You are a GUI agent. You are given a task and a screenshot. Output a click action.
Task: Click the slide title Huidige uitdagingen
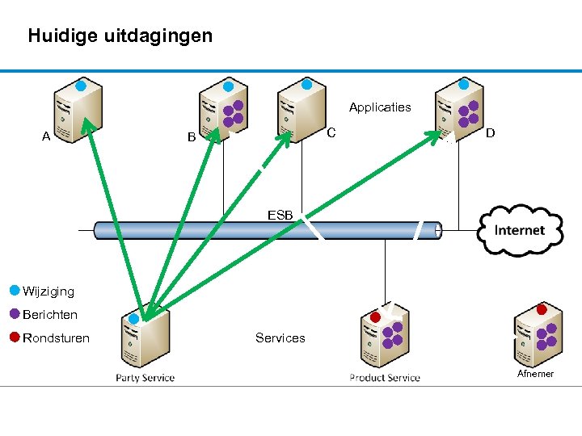point(120,36)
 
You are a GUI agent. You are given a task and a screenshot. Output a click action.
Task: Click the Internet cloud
point(520,230)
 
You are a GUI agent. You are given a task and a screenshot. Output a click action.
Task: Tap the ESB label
point(280,215)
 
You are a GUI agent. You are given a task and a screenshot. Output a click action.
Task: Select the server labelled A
point(78,112)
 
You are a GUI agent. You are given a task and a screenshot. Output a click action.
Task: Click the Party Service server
point(145,339)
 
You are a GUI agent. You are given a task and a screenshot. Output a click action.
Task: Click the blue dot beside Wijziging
point(15,290)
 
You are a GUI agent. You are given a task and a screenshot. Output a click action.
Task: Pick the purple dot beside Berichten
point(15,313)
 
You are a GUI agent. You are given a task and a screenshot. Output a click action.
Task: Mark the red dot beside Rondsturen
point(15,337)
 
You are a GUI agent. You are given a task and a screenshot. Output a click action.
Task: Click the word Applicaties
point(380,107)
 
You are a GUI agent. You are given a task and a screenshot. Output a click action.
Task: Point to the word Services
point(280,338)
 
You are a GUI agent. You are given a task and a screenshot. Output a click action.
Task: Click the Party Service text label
point(145,377)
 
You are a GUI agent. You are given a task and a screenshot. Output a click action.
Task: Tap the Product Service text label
point(385,377)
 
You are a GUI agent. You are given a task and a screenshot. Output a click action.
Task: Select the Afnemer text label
point(536,374)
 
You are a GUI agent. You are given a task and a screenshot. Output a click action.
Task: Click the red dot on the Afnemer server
point(542,309)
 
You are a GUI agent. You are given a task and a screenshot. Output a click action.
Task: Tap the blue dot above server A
point(81,85)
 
